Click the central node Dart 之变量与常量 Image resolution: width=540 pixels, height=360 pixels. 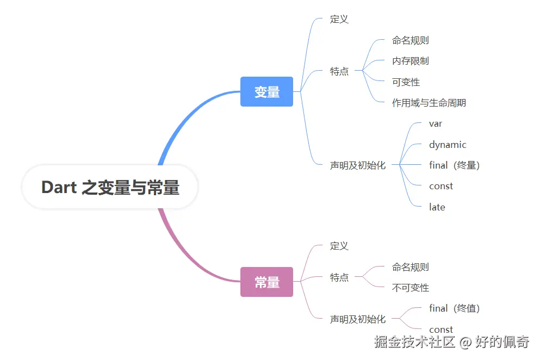(x=110, y=188)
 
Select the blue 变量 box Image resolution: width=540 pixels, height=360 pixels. (x=266, y=92)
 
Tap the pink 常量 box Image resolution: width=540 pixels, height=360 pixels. (x=266, y=282)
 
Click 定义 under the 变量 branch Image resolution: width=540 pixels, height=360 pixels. (x=339, y=19)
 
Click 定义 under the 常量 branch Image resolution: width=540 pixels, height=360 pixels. (x=339, y=246)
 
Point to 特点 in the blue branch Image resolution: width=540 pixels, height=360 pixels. (x=339, y=71)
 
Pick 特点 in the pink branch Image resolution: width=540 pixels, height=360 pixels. (x=339, y=277)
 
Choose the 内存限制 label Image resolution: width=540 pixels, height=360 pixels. (x=410, y=61)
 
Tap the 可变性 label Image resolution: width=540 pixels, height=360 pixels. (x=406, y=82)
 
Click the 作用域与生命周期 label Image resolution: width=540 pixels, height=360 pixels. (x=429, y=103)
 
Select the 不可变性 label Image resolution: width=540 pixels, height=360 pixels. (x=410, y=288)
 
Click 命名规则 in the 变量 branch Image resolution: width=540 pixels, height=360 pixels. (x=410, y=40)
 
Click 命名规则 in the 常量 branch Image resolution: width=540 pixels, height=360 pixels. (x=410, y=267)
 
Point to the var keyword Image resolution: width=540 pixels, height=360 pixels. (x=435, y=123)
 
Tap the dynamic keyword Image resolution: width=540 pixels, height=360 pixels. (x=447, y=145)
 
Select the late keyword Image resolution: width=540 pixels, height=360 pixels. (x=437, y=207)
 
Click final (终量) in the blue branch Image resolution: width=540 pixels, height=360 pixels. (x=454, y=165)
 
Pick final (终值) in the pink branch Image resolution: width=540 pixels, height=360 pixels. (x=454, y=308)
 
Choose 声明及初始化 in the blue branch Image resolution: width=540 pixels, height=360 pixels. (x=357, y=165)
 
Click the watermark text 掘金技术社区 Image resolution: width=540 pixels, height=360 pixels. (x=414, y=342)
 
